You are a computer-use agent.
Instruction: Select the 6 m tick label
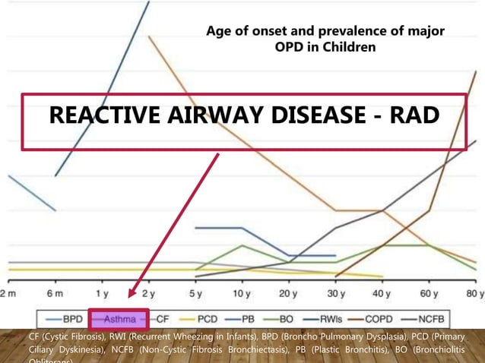point(54,293)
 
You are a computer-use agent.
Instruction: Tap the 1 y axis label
point(101,293)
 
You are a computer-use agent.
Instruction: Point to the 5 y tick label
point(195,293)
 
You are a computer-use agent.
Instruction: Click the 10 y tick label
point(241,293)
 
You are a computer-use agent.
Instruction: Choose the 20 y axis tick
point(288,293)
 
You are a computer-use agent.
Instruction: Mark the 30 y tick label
point(334,293)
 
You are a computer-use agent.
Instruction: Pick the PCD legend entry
point(215,319)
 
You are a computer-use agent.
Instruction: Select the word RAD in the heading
point(414,116)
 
